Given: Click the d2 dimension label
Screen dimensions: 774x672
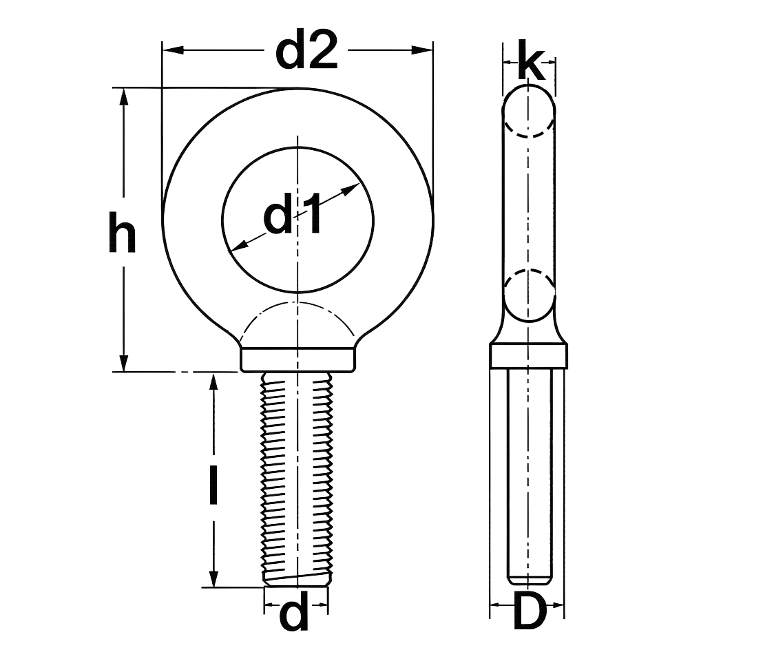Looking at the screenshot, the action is pos(306,50).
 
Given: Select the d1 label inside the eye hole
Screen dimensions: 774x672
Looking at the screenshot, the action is pos(293,214).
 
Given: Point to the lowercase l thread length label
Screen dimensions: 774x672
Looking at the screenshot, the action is pos(213,485).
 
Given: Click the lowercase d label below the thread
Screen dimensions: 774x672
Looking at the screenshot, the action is pos(294,612).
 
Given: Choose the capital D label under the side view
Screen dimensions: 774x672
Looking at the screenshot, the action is pos(530,611).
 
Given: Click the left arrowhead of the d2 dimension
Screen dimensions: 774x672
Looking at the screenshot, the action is pos(174,50).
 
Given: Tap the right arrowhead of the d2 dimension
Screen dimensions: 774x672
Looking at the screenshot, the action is pos(422,50).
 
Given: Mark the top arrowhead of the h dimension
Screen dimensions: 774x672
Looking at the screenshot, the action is pos(124,97).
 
